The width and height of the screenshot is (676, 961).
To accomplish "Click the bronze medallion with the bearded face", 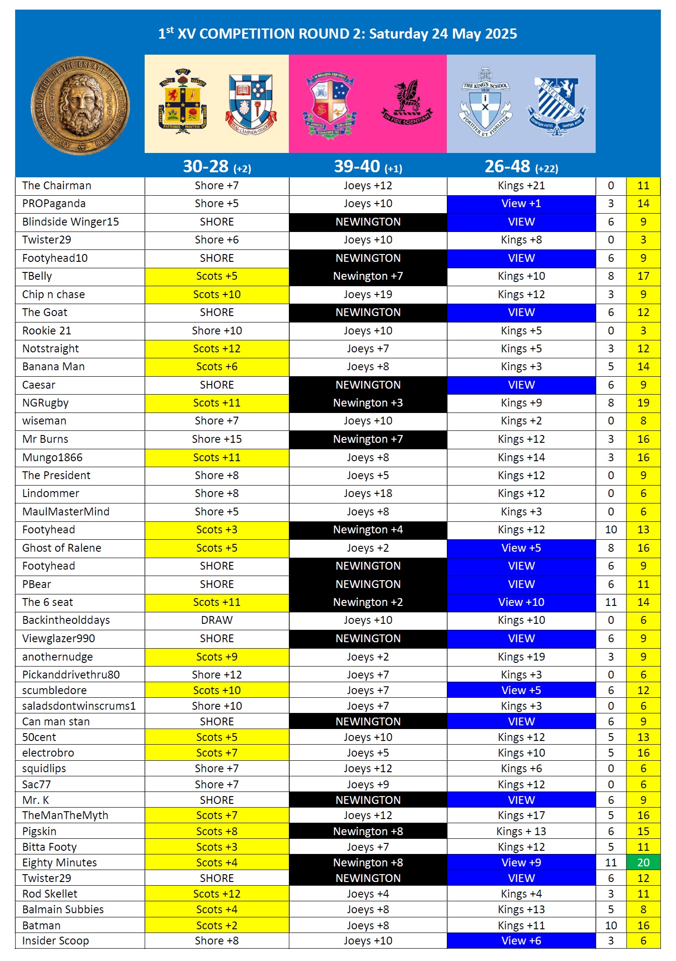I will pos(80,106).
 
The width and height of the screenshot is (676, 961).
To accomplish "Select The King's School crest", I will pos(485,103).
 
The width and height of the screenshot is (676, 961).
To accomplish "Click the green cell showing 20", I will pos(643,862).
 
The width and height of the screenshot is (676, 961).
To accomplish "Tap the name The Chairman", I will pos(57,186).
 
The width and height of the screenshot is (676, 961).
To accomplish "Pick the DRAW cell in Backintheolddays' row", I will pos(217,620).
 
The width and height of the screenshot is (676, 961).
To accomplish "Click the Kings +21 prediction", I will pos(521,186).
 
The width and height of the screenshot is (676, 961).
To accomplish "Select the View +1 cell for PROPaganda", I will pos(521,204).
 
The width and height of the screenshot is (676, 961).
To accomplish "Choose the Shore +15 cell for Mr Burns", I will pos(217,439).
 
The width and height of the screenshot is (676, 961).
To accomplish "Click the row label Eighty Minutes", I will pos(60,862).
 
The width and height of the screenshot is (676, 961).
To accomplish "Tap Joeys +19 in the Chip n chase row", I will pos(368,294).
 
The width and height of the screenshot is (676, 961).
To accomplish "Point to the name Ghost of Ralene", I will pos(62,548).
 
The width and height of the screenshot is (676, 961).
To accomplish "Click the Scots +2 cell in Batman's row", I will pos(217,925).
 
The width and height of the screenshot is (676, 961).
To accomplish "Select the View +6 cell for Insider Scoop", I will pos(521,940).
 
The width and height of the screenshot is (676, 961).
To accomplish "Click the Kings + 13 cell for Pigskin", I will pos(521,831).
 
